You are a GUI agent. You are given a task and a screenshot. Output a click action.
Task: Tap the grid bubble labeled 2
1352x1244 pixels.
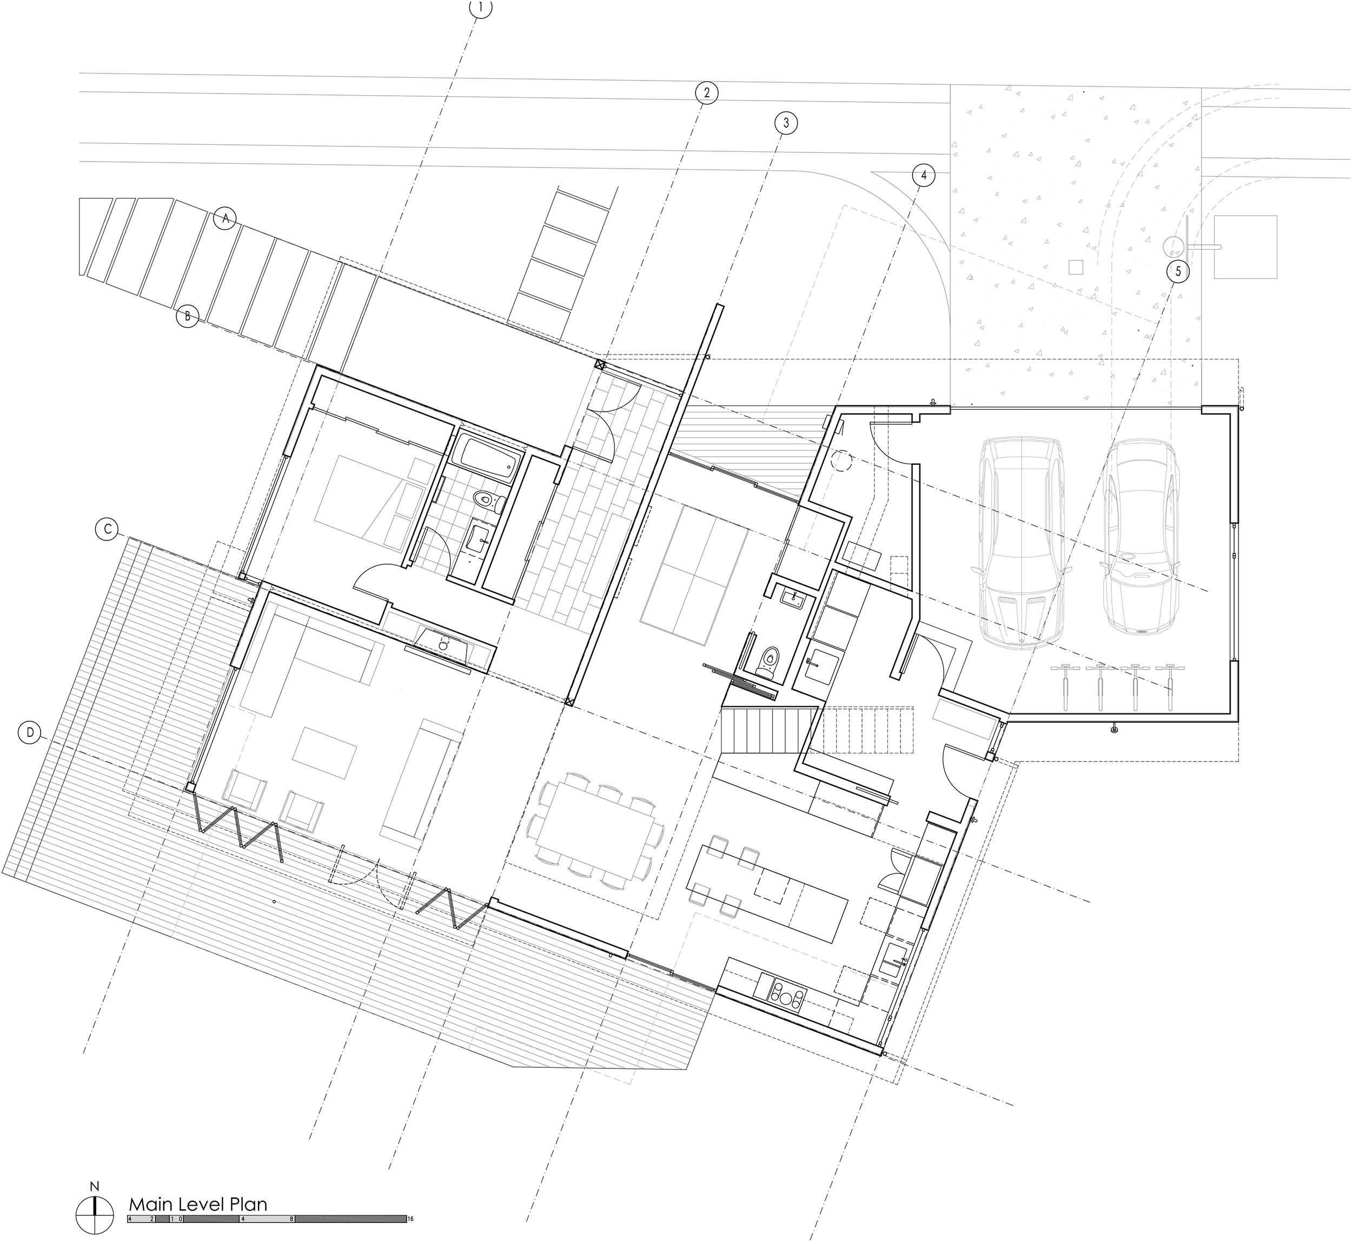click(x=706, y=93)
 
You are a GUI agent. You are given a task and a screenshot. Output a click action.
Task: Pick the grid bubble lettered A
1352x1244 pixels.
click(x=226, y=219)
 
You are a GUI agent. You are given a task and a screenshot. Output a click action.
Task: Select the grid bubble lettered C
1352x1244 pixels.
click(x=107, y=530)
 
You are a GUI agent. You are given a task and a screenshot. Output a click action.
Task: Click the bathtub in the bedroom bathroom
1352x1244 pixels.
click(x=486, y=457)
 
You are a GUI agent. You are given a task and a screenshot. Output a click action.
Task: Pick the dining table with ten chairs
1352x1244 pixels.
click(x=595, y=835)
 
